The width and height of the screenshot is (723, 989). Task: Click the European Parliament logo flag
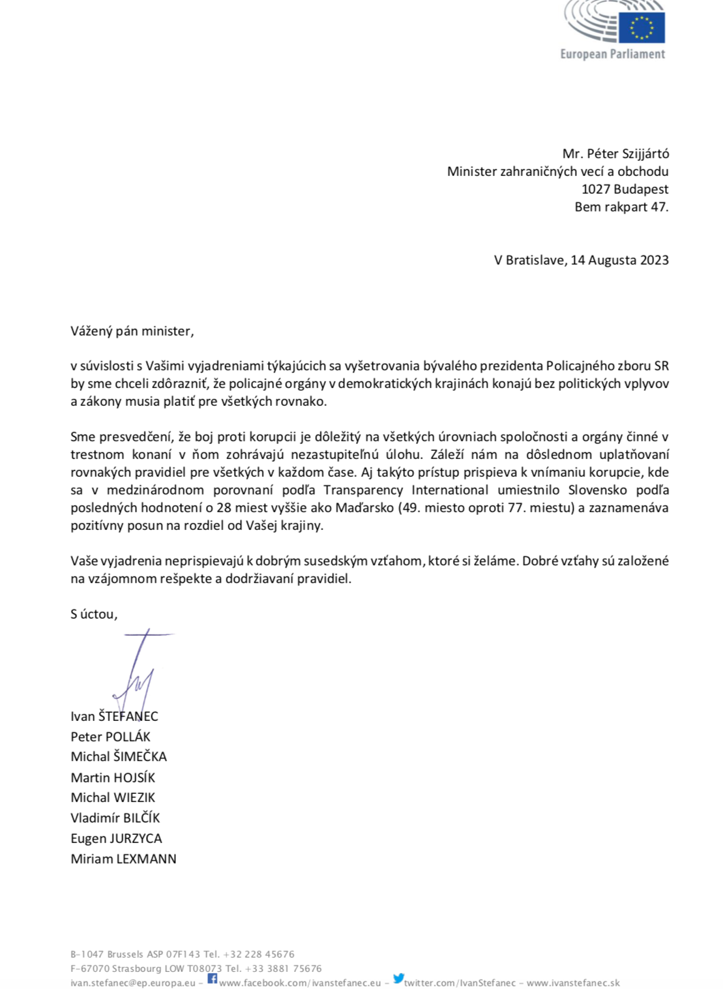(x=641, y=27)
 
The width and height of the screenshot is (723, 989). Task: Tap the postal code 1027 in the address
(x=595, y=190)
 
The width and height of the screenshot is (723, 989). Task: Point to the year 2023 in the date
(x=654, y=261)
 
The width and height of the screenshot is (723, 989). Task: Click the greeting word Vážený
(x=91, y=331)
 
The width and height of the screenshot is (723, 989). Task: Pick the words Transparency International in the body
(x=407, y=490)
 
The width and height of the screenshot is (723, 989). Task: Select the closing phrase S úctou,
(x=94, y=615)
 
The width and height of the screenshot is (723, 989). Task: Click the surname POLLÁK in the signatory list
(x=128, y=737)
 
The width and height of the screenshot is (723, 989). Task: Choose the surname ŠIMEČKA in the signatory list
(x=140, y=757)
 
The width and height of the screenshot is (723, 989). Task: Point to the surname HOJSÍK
(x=134, y=778)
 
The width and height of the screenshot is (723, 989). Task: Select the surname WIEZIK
(x=134, y=798)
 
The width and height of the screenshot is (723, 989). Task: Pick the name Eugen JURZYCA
(x=116, y=839)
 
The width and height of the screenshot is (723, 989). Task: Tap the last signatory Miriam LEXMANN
(x=123, y=859)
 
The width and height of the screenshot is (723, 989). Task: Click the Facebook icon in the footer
(x=212, y=979)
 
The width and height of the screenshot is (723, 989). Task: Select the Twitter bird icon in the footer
(x=399, y=979)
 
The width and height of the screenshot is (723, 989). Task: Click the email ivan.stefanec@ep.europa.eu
(x=133, y=984)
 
